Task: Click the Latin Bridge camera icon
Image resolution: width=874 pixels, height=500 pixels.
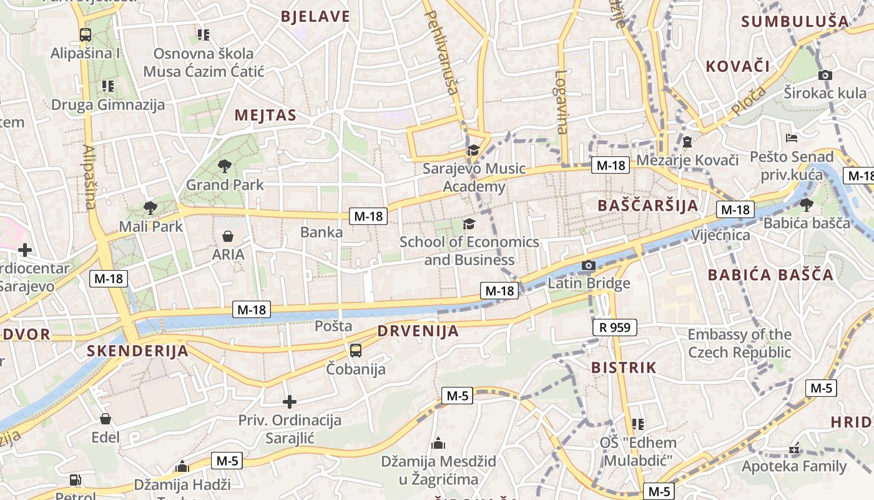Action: (588, 266)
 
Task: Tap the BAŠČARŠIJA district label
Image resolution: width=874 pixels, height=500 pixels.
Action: (647, 206)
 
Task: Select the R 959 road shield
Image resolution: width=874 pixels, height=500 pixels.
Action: (614, 327)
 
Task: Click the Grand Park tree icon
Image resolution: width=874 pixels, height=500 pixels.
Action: (225, 166)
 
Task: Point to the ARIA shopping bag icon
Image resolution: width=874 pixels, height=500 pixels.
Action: (228, 236)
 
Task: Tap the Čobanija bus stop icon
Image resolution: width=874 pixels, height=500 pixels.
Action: (355, 351)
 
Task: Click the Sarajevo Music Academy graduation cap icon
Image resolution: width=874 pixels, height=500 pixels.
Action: (473, 150)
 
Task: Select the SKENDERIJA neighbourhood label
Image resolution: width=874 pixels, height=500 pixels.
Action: (137, 351)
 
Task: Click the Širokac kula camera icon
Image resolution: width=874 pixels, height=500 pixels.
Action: (825, 76)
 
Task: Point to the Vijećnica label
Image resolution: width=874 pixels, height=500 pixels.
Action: (720, 235)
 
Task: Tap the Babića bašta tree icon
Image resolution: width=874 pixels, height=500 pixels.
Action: (807, 204)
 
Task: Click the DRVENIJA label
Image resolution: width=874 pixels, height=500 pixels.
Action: (418, 331)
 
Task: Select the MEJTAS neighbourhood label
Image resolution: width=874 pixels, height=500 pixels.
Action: (265, 116)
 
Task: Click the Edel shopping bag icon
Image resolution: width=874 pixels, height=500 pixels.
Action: (105, 419)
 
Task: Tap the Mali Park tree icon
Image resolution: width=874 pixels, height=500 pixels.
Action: (150, 208)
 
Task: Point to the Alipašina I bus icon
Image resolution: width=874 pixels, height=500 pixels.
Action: (86, 35)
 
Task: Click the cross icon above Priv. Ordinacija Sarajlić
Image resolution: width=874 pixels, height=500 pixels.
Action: (290, 401)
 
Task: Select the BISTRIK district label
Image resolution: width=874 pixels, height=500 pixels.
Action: (624, 367)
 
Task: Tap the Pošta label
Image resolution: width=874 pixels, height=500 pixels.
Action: (333, 326)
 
